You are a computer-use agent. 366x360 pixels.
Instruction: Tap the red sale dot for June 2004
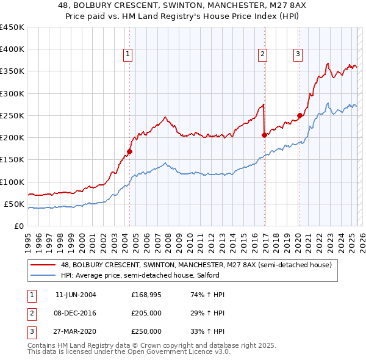tap(130, 151)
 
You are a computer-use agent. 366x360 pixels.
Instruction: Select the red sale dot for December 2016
tap(264, 135)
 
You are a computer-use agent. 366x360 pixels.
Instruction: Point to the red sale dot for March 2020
tap(300, 115)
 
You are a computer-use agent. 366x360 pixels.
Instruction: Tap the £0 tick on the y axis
tap(18, 226)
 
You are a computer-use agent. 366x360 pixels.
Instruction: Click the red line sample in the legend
tap(43, 265)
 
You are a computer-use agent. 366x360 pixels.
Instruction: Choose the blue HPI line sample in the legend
tap(43, 275)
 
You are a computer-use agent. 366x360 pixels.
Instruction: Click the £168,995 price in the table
tap(146, 294)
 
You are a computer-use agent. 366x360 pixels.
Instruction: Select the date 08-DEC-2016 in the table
tap(76, 313)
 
